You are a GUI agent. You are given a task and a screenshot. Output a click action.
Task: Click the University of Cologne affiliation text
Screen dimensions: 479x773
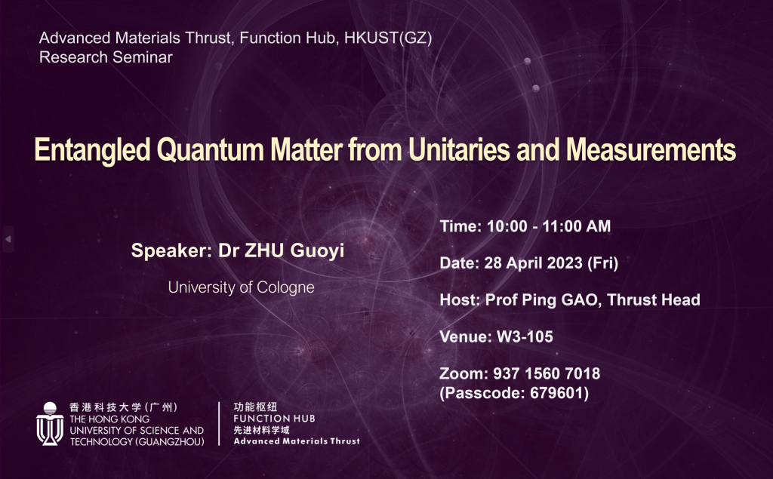(x=241, y=287)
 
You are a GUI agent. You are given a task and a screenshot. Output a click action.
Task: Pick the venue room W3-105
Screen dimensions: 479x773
(x=525, y=337)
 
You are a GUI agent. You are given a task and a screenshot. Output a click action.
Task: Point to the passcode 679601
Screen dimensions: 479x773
(x=560, y=392)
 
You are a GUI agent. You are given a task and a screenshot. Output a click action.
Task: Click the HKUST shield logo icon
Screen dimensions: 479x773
(x=50, y=423)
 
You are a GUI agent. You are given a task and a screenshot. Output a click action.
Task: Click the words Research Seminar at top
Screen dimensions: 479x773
(x=106, y=57)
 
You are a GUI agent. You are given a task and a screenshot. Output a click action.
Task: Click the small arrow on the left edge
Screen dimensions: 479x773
(x=8, y=239)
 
